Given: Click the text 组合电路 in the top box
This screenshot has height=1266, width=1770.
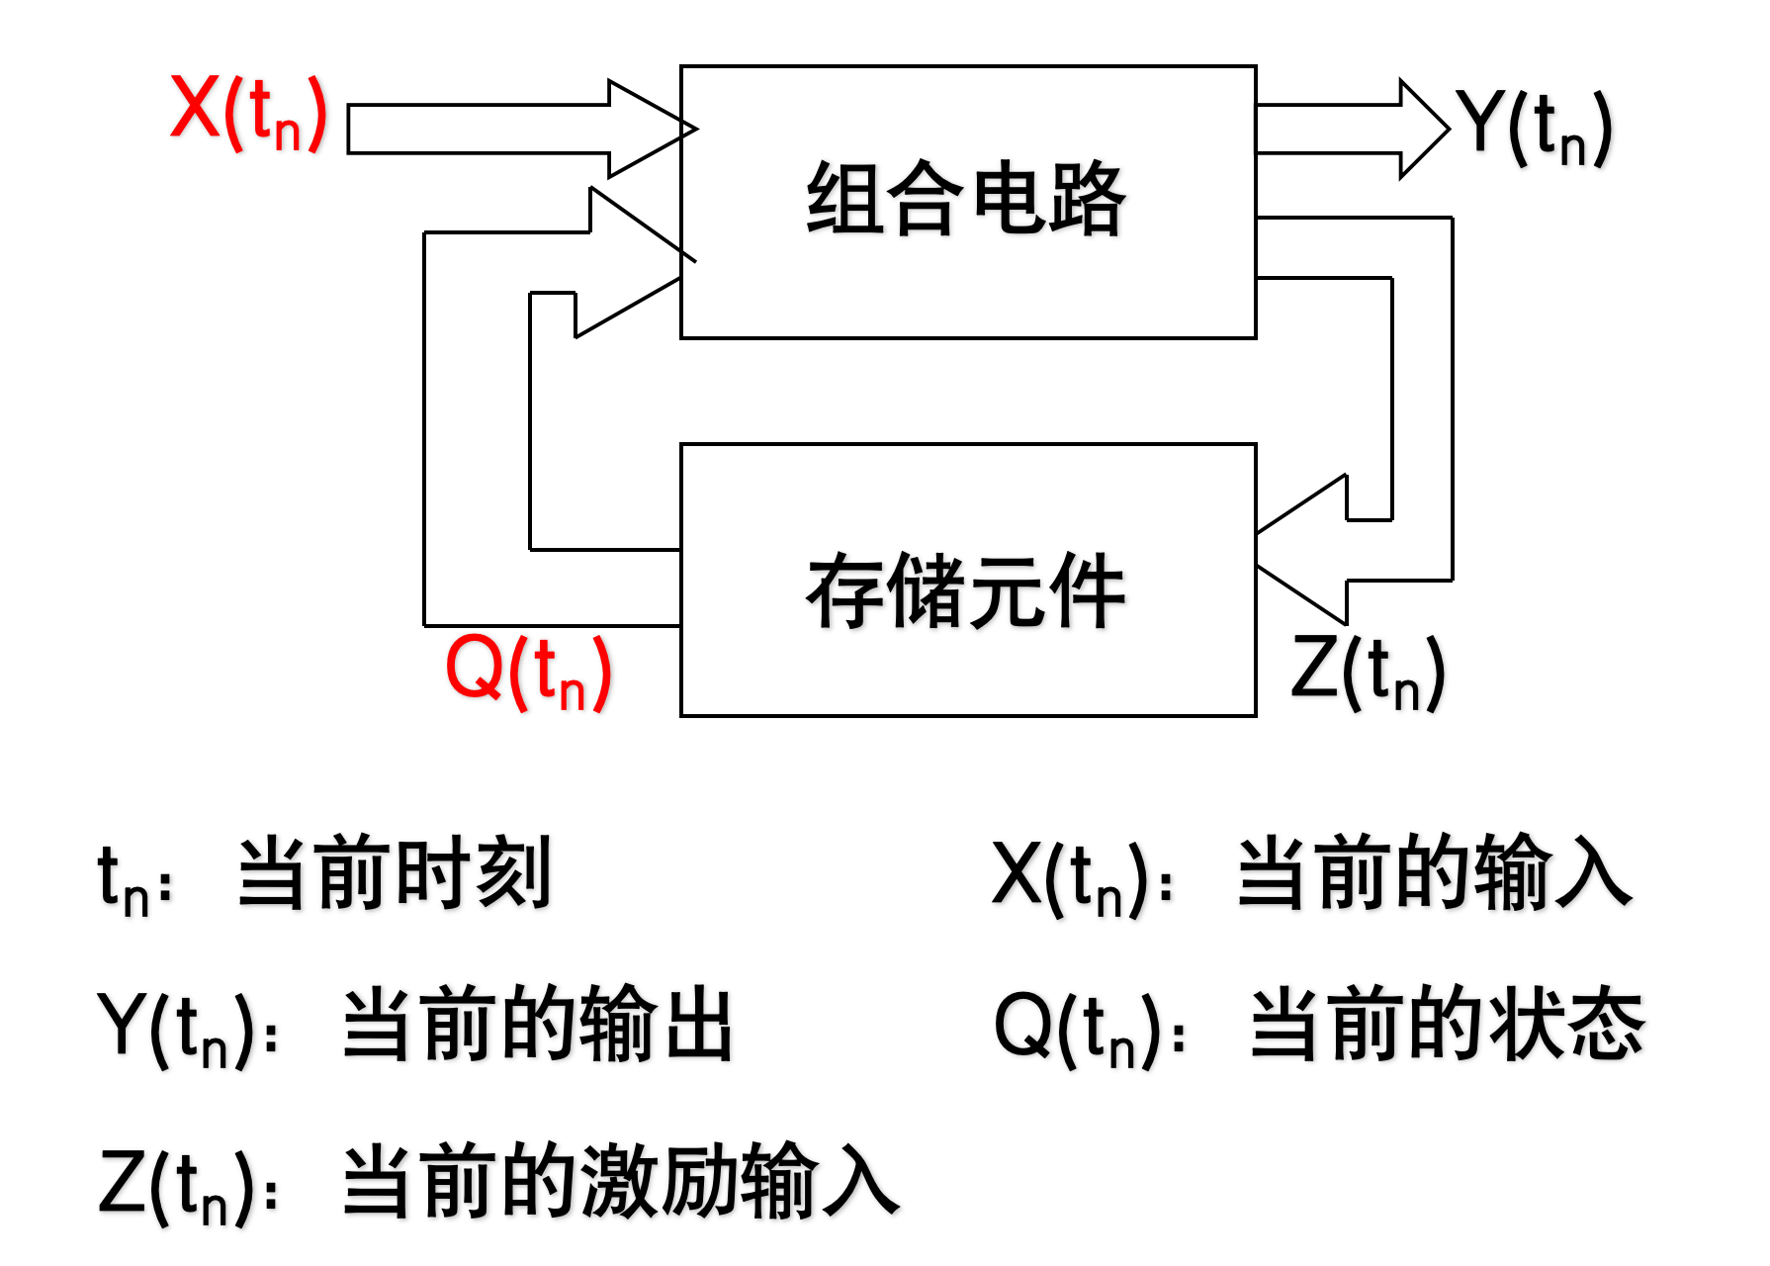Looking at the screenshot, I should (x=966, y=199).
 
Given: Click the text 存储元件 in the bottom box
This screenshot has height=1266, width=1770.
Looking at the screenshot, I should (x=966, y=591).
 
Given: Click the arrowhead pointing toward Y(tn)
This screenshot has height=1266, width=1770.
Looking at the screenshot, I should (x=1424, y=129).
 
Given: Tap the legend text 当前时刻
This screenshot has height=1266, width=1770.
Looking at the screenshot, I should (x=394, y=872).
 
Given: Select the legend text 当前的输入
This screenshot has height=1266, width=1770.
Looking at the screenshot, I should (x=1434, y=872).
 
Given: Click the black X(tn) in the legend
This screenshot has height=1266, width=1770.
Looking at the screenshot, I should (x=1071, y=876).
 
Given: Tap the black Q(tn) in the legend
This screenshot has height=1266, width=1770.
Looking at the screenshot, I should (x=1077, y=1029).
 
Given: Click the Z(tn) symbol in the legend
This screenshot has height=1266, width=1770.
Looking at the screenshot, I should (x=178, y=1184).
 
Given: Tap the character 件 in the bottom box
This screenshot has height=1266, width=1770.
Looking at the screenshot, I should (x=1087, y=591).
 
